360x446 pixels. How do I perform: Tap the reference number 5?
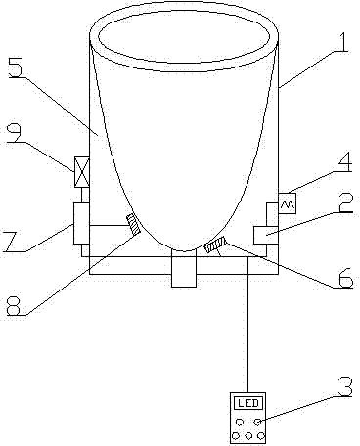[x=17, y=67]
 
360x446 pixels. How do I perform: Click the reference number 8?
[x=16, y=305]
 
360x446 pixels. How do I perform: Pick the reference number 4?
[x=343, y=162]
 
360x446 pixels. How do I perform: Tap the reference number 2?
[x=344, y=202]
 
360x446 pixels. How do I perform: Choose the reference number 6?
[x=344, y=278]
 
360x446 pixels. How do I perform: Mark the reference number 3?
[x=344, y=386]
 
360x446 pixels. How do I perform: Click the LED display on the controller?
[x=248, y=403]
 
